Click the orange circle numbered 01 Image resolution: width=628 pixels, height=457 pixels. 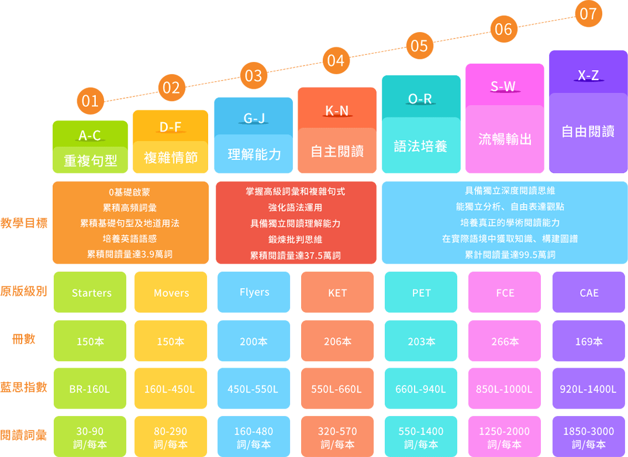point(90,101)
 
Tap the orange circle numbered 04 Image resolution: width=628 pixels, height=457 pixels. point(336,61)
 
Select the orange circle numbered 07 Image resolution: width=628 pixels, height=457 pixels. point(588,13)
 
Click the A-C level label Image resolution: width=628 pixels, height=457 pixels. point(90,136)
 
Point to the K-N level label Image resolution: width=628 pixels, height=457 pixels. point(337,110)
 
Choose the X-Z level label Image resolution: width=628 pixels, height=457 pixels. point(588,75)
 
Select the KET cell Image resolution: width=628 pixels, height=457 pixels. point(337,292)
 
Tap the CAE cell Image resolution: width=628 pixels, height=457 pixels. point(589,292)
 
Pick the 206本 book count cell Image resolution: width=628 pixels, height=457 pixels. point(337,341)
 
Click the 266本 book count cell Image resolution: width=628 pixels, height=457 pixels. point(505,341)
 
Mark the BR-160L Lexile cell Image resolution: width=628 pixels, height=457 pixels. point(90,389)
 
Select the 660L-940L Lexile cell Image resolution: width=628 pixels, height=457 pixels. point(421,389)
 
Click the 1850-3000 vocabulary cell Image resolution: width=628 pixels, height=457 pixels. point(589,437)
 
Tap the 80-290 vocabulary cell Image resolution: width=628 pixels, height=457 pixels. point(171,437)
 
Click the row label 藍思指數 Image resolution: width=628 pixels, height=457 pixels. point(24,387)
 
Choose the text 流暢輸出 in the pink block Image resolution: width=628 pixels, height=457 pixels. point(505,139)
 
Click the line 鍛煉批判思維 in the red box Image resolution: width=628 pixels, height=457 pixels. point(295,240)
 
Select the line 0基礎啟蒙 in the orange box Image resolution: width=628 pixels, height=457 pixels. point(130,192)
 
